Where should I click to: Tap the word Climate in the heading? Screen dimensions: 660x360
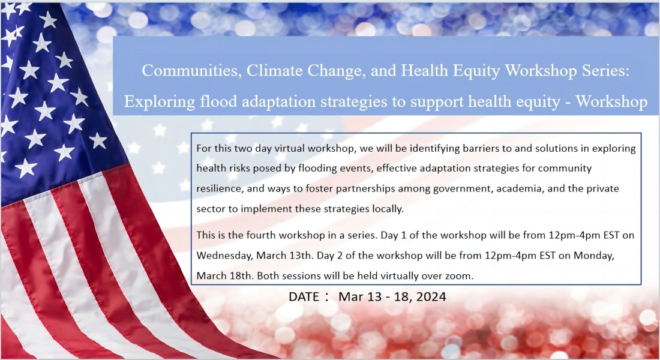point(275,70)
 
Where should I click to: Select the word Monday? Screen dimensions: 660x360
point(593,256)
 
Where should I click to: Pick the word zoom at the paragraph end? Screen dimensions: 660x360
point(461,276)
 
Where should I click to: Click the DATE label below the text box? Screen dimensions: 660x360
point(304,297)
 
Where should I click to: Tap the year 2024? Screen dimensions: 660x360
point(431,297)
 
